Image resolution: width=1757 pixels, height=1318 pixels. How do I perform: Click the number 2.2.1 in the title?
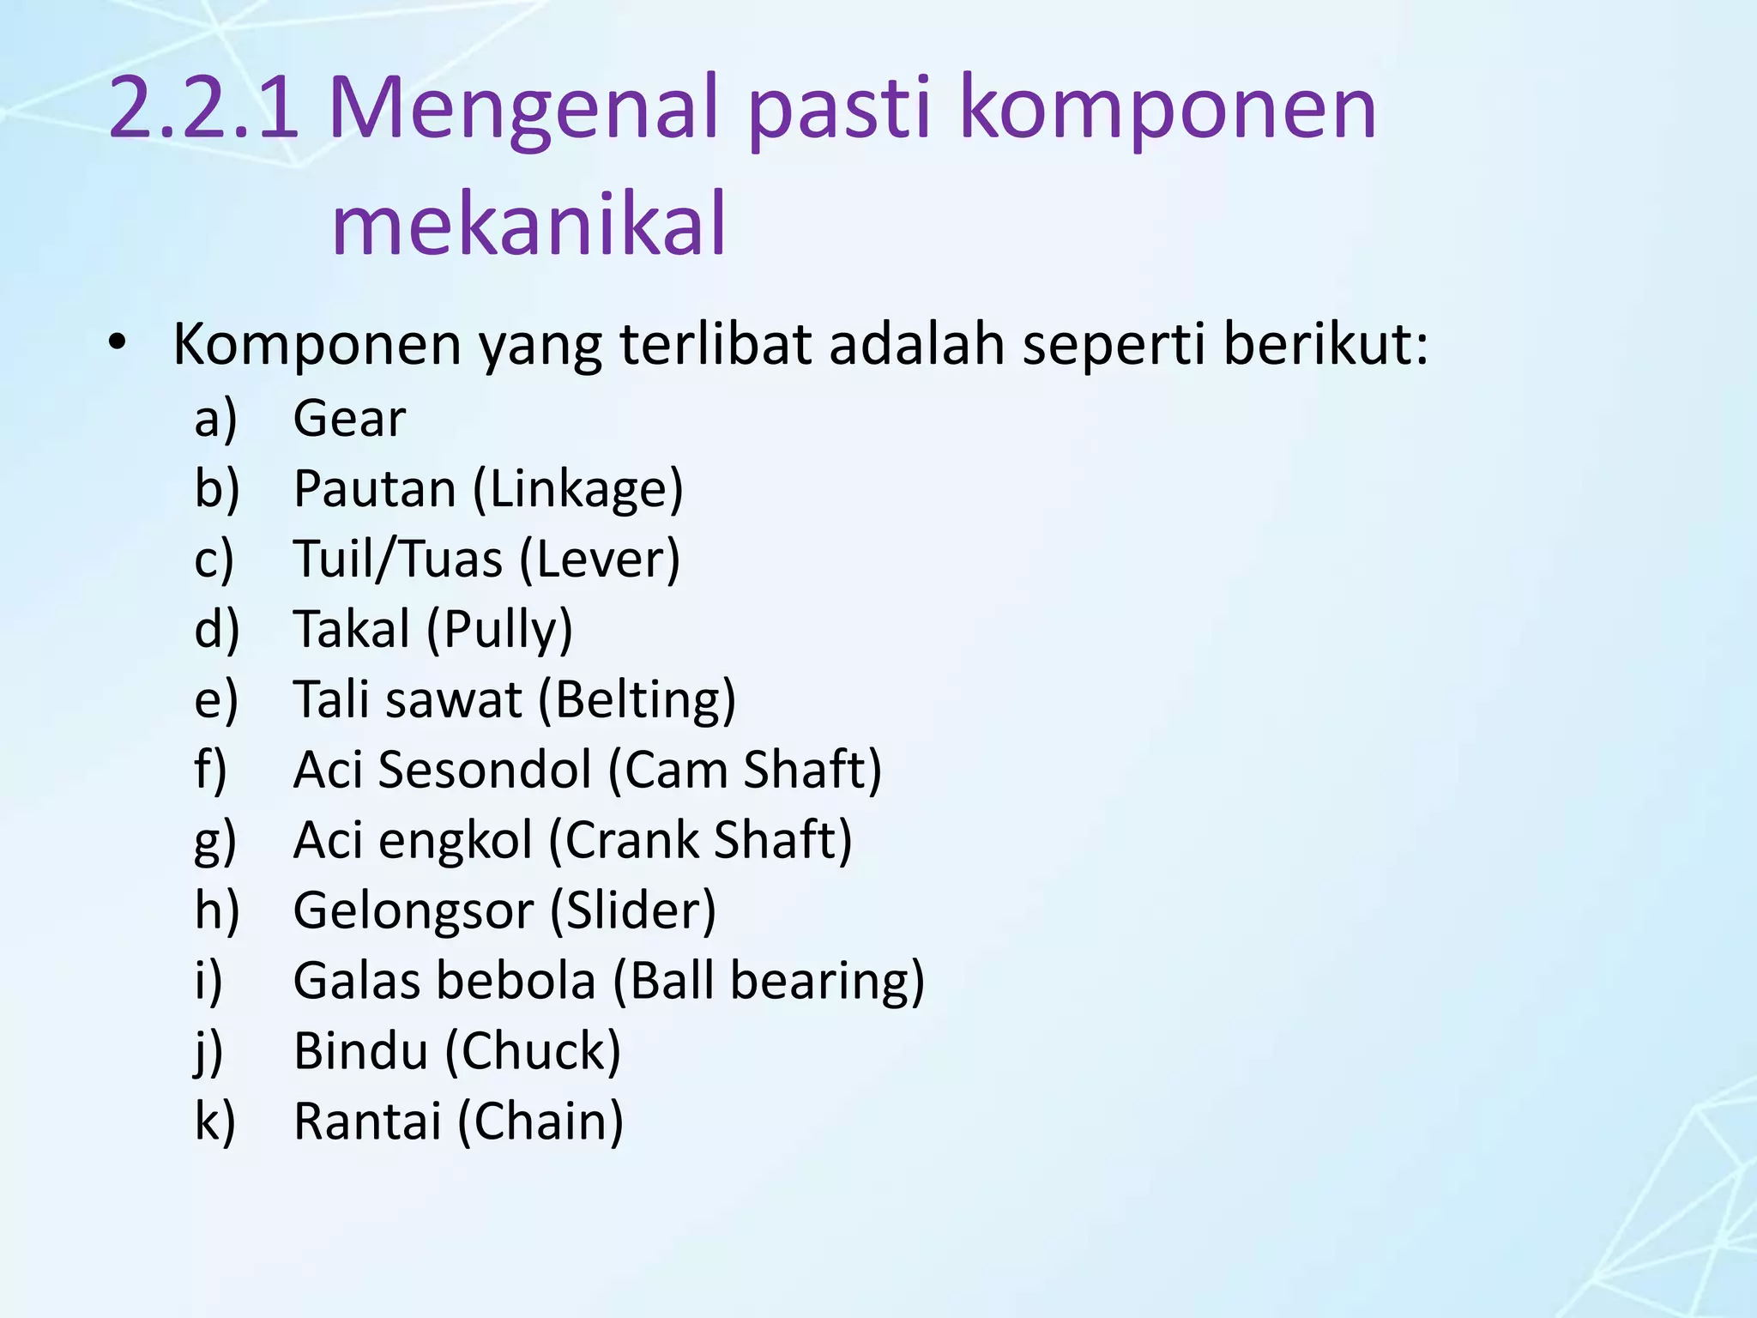pos(203,109)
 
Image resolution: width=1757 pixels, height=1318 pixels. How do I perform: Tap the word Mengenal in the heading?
pos(522,109)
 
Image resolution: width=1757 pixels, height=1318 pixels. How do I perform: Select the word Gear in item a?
pos(349,419)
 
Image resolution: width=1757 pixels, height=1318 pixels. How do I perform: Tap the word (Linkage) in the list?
pos(578,489)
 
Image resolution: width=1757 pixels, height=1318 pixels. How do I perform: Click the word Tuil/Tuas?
pos(398,559)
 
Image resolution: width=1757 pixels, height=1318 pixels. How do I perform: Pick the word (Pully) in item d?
pos(499,629)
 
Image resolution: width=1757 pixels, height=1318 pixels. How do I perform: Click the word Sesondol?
pos(485,770)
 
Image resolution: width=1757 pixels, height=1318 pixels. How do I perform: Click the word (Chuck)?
pos(533,1051)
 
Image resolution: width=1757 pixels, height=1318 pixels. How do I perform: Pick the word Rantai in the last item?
pos(367,1122)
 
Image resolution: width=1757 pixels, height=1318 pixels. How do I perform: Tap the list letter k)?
pos(214,1122)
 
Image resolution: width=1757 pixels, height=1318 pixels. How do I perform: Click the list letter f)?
pos(210,770)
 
